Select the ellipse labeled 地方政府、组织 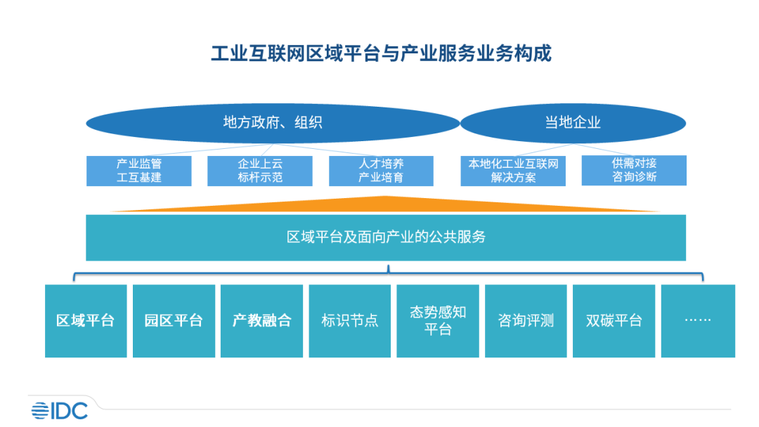coord(273,123)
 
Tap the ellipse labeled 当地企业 coord(573,123)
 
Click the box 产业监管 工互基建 coord(139,171)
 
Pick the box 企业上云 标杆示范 coord(260,171)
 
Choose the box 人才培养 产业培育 coord(381,171)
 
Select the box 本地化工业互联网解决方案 coord(513,171)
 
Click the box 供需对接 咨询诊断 coord(634,171)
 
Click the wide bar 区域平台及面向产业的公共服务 coord(386,237)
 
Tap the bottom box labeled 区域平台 coord(86,321)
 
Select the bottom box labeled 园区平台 coord(174,321)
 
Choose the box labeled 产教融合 coord(261,321)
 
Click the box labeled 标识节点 coord(349,321)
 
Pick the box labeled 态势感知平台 coord(438,321)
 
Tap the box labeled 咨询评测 coord(526,321)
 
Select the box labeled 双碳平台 coord(614,321)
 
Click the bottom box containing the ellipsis coord(698,321)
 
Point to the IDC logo coord(59,409)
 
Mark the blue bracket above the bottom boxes coord(388,272)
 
